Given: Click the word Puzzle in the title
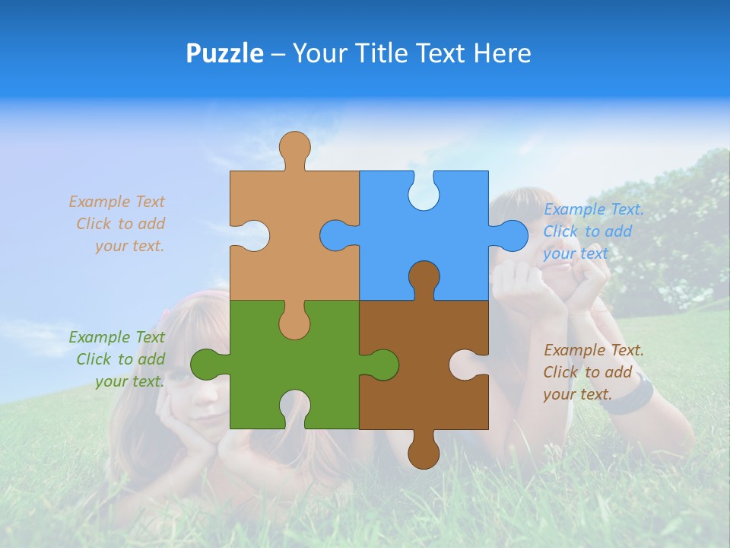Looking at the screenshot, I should click(x=224, y=53).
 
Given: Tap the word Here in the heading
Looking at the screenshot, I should click(x=502, y=53).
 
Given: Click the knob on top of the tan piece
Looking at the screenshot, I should click(x=294, y=148).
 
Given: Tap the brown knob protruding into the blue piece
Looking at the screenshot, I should click(x=424, y=277).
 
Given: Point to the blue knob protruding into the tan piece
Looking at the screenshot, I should click(x=335, y=235).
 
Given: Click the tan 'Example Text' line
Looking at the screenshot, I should click(x=116, y=202).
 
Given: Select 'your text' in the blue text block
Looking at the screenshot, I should click(x=576, y=253).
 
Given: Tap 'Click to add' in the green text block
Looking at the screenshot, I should click(x=120, y=359).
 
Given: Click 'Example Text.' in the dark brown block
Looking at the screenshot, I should click(x=594, y=350).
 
